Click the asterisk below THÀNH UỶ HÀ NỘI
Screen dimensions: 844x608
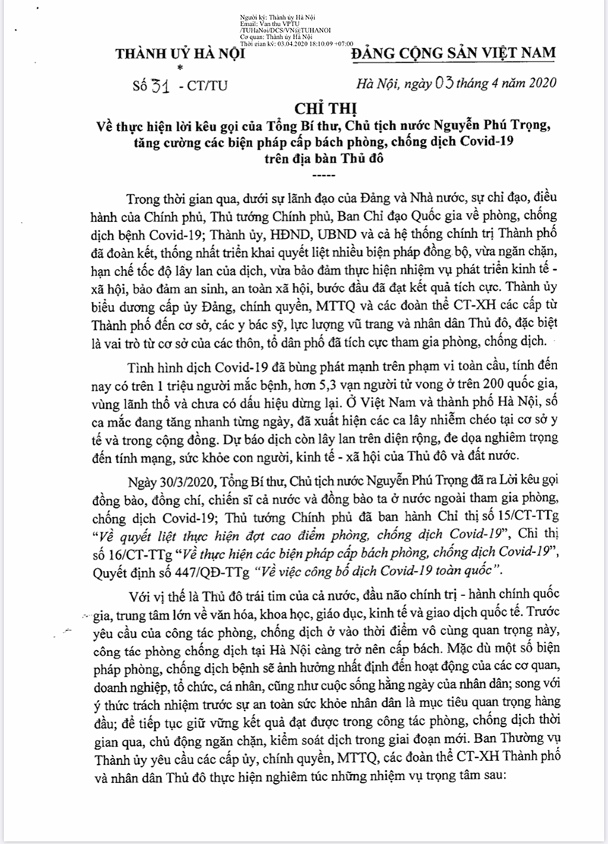180,68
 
